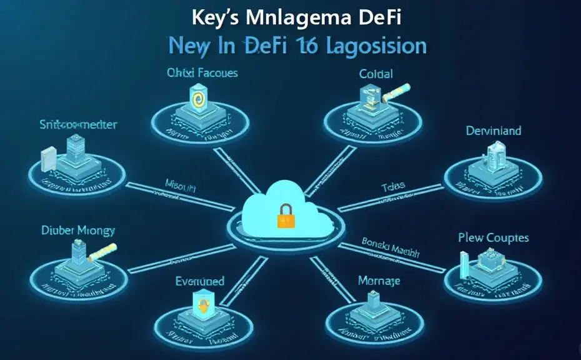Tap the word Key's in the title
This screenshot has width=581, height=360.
pos(213,18)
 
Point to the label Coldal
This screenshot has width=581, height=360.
pos(376,74)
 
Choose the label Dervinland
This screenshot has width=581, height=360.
pos(494,131)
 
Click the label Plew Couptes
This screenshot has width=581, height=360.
pos(493,237)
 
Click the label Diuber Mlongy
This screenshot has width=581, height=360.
pos(79,231)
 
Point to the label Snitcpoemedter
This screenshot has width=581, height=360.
pos(79,125)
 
